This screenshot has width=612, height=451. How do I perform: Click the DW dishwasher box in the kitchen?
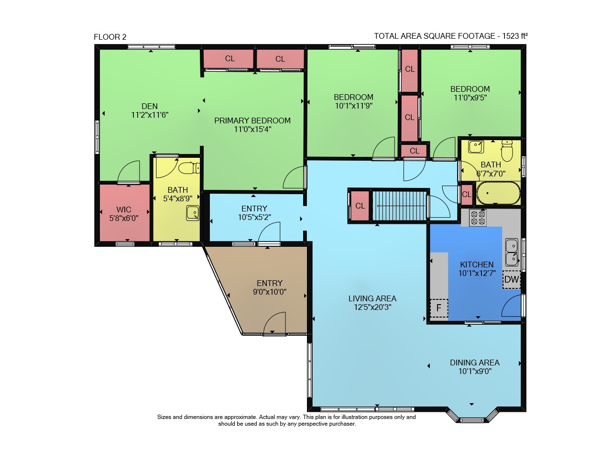coord(511,279)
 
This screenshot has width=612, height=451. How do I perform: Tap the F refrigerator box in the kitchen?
coord(439,308)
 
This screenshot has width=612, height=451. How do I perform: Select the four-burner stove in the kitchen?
coord(478,218)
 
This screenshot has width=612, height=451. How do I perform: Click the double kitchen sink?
coord(512,253)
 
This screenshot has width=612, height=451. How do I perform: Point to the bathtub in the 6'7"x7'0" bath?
coord(498,193)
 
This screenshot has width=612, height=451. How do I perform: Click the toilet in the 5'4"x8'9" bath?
coord(189,168)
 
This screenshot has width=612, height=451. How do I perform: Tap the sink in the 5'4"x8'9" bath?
coord(193,213)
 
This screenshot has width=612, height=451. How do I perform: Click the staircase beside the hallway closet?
coord(399,206)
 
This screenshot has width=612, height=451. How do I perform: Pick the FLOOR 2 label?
coord(110,37)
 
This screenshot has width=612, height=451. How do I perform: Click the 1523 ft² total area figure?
coord(515,36)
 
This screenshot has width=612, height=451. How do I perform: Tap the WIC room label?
coord(124,209)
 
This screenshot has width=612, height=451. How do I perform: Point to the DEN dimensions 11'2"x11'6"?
coord(150,115)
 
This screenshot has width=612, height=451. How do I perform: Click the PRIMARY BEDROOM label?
coord(252,121)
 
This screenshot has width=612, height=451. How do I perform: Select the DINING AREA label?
coord(475,363)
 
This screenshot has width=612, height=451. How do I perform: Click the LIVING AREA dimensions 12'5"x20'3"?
coord(372,307)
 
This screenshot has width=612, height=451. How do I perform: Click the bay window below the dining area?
coord(472,416)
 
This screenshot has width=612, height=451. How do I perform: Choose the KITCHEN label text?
coord(477,264)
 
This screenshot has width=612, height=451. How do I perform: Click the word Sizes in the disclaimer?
coord(164,417)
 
